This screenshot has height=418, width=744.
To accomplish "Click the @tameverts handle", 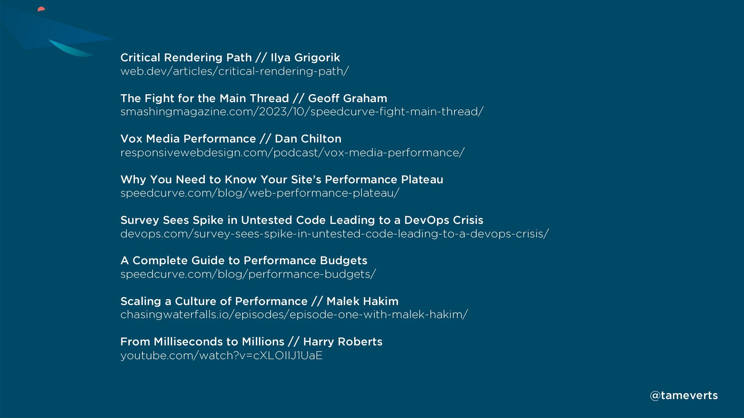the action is coord(684,396).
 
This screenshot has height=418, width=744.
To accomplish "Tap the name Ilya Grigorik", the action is coord(305,58).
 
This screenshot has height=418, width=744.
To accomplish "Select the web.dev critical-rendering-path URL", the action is coord(235,71).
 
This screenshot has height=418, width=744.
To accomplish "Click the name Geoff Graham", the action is coord(348,98).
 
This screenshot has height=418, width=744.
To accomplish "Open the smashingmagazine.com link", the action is coord(302,112).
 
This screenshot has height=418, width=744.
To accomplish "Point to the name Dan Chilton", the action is coord(308,139).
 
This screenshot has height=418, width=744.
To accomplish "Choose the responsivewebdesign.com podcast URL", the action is coord(293,153).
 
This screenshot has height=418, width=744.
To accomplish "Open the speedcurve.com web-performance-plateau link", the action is coord(260,193).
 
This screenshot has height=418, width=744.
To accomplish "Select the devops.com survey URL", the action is coord(335,234).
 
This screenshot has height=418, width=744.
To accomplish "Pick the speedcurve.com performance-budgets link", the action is coord(248,274).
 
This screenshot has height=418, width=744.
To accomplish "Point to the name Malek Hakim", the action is coord(362,301).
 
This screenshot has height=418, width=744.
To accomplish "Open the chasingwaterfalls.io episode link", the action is coord(294,315).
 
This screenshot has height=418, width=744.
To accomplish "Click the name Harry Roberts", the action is coord(343,342).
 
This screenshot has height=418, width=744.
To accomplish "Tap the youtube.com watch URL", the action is coord(222,356).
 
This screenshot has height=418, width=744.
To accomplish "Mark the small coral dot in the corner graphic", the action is coord(41,9).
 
